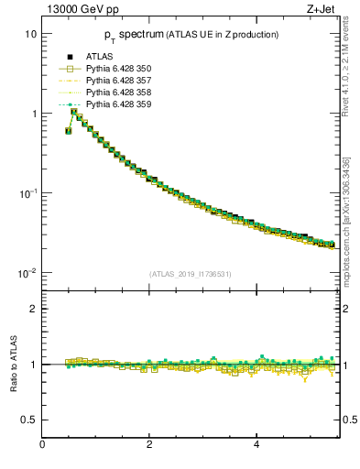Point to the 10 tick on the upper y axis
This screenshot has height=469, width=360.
(29, 34)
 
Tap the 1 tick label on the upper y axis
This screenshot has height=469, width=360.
(33, 114)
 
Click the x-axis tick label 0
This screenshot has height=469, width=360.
(42, 444)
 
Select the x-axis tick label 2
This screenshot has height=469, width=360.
(149, 444)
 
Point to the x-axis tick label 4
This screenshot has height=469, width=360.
(256, 444)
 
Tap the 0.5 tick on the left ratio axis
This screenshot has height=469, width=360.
(27, 420)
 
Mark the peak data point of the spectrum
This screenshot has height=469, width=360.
(74, 112)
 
